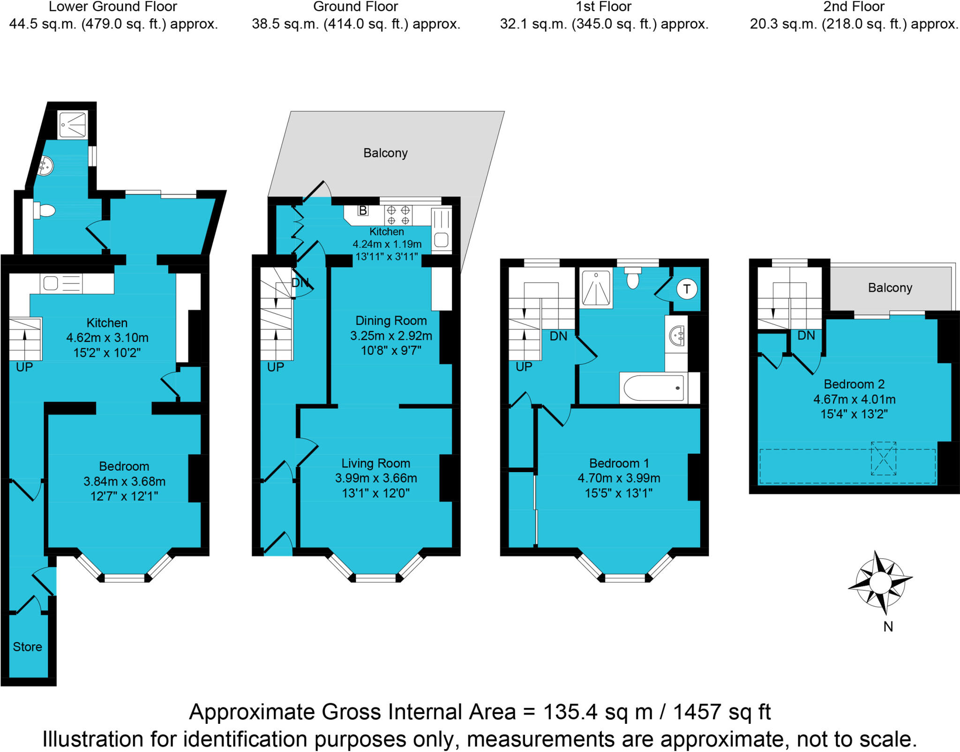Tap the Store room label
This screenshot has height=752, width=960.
[27, 647]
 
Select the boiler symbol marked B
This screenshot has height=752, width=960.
[363, 211]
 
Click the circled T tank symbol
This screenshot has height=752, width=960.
[687, 289]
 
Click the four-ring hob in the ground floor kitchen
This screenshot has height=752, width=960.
[398, 216]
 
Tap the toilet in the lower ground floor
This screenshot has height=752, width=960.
[45, 211]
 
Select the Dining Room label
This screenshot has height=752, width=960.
[391, 321]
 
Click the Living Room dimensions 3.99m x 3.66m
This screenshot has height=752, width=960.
[376, 478]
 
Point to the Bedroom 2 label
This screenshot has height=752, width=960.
[854, 384]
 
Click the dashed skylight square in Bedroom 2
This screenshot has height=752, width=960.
[883, 458]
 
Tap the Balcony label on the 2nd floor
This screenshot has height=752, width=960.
[890, 287]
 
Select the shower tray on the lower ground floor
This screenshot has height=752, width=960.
[73, 125]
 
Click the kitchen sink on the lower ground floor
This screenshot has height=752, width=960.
[51, 283]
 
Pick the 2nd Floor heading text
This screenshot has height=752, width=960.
[854, 7]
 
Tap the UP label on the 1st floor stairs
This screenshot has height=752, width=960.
[524, 367]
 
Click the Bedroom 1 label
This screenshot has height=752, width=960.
[619, 463]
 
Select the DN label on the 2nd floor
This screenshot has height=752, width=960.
[806, 335]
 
